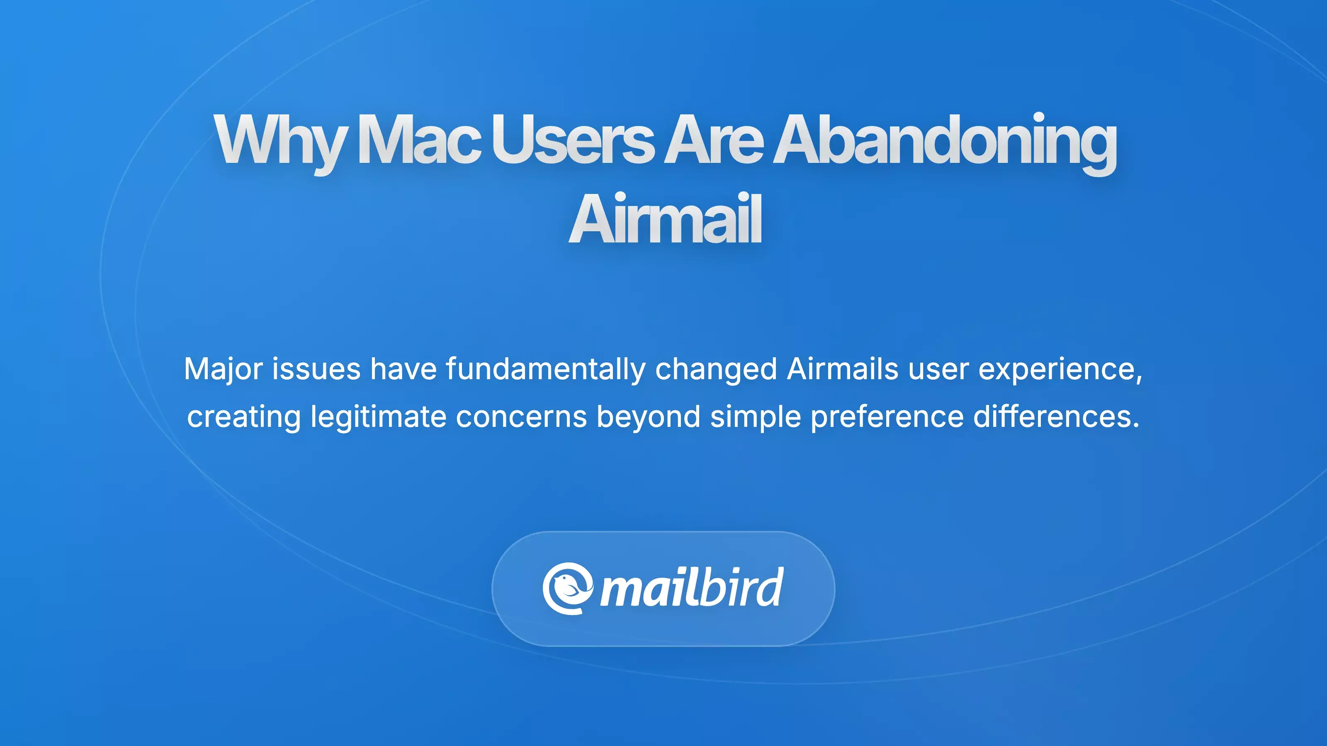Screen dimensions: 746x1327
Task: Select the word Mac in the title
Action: tap(419, 140)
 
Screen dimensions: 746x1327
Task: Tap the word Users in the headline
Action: tap(572, 140)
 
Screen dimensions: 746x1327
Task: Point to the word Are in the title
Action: tap(713, 140)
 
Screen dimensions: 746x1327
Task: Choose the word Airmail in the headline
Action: tap(664, 219)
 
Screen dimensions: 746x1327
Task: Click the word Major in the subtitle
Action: tap(223, 369)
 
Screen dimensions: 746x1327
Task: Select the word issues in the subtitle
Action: tap(316, 369)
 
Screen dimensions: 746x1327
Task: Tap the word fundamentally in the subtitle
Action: tap(545, 369)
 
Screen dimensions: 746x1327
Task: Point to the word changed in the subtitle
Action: tap(715, 369)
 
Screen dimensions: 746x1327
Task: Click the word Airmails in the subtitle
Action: tap(843, 369)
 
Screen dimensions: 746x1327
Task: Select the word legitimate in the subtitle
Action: tap(378, 417)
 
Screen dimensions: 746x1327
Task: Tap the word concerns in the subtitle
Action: tap(521, 417)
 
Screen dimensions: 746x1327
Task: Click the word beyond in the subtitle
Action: tap(648, 417)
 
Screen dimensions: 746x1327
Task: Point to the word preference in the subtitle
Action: tap(887, 417)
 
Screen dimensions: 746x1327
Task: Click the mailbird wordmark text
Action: tap(692, 589)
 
